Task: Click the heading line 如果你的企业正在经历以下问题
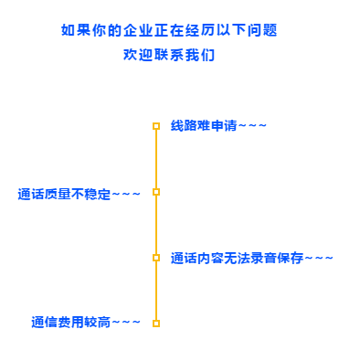tap(169, 30)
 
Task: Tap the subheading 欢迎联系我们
tap(169, 55)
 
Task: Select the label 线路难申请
tap(204, 125)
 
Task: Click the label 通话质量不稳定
tap(64, 194)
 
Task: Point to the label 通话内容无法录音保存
tap(237, 258)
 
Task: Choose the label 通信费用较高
tap(70, 322)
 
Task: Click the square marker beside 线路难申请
tap(156, 126)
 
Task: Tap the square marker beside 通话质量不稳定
tap(156, 192)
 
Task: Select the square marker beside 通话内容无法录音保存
tap(156, 258)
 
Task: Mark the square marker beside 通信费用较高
tap(156, 324)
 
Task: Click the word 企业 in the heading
tap(138, 30)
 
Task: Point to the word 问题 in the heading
tap(262, 30)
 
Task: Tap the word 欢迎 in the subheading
tap(138, 55)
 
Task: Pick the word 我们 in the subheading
tap(200, 55)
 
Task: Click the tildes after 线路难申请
tap(252, 125)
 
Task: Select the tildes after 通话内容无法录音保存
tap(319, 258)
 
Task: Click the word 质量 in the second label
tap(58, 194)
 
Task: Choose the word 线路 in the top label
tap(184, 125)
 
